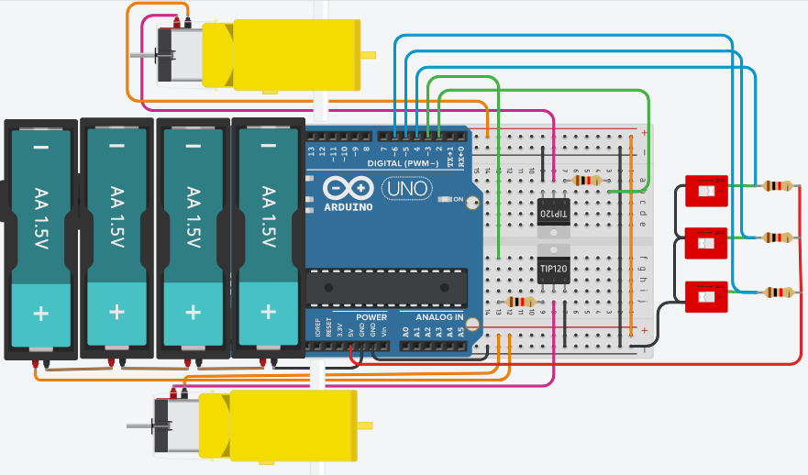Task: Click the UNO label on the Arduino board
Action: click(x=400, y=189)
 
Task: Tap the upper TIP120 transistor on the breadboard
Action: click(x=553, y=212)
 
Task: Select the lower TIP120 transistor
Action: click(x=553, y=268)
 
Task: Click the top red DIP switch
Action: click(x=706, y=192)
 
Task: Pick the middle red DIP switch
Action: click(x=706, y=243)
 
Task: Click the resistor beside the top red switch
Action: click(x=776, y=186)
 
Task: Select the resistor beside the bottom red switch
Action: click(x=776, y=293)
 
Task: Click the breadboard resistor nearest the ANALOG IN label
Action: click(x=520, y=302)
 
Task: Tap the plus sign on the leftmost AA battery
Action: click(x=41, y=313)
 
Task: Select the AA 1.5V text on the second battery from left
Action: click(x=116, y=217)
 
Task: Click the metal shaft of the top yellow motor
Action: click(x=143, y=55)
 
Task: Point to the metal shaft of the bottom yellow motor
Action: click(x=139, y=425)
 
